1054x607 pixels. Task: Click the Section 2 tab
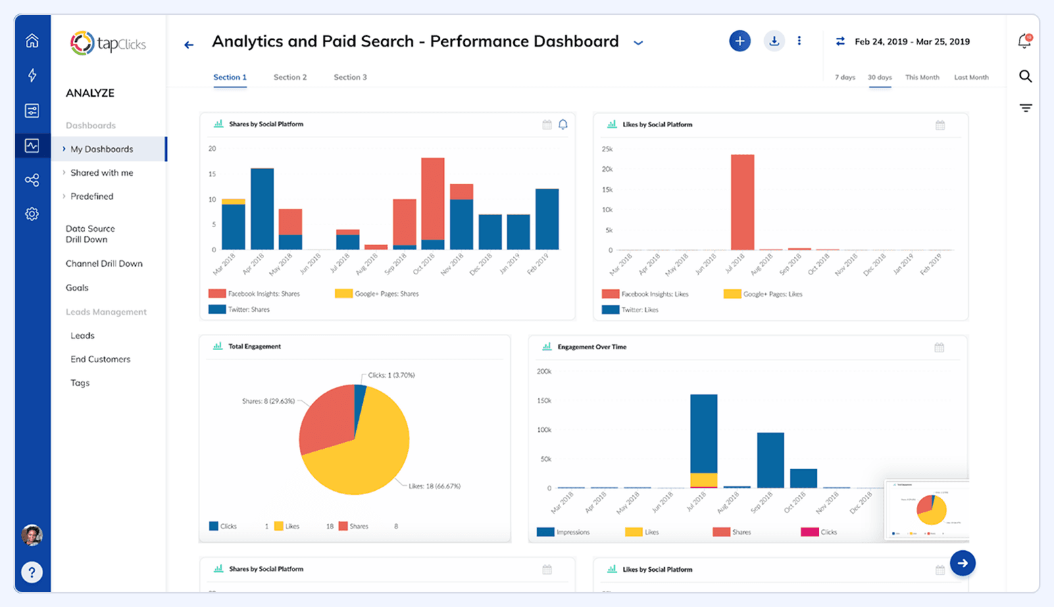point(290,77)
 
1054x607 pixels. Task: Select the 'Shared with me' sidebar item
point(101,173)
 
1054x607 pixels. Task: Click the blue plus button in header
point(740,41)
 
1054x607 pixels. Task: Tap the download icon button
point(774,41)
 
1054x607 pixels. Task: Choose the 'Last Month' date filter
point(971,78)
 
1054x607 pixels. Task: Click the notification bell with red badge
point(1024,41)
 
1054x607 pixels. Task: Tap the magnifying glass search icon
point(1025,76)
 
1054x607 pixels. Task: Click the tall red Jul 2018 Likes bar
point(743,202)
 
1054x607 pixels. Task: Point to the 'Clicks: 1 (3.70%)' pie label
point(391,375)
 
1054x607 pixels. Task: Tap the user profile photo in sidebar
point(32,535)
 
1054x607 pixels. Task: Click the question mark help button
point(32,573)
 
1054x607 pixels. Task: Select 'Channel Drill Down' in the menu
point(104,264)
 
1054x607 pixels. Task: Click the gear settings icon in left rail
point(32,214)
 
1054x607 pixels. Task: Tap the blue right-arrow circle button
point(962,563)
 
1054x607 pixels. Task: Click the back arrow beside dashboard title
point(189,45)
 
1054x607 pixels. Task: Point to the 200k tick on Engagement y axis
point(544,372)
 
